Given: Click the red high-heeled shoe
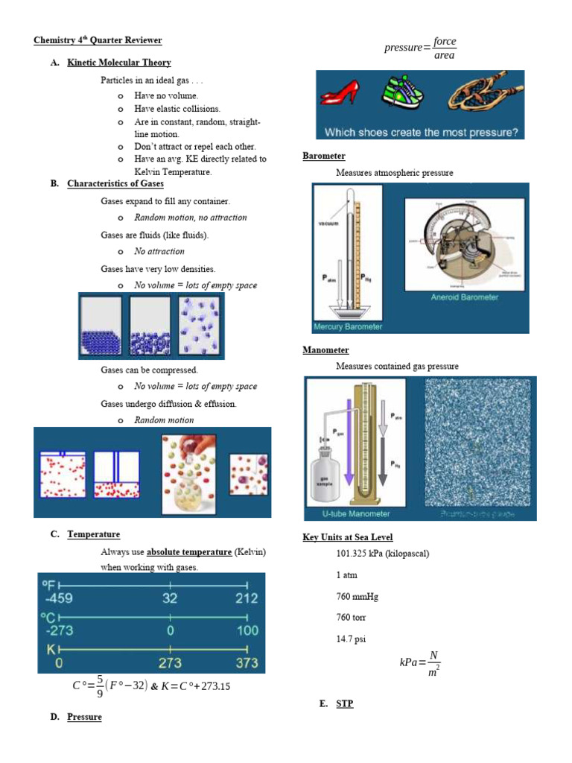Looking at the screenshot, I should click(341, 95).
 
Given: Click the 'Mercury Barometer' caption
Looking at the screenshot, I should click(349, 326).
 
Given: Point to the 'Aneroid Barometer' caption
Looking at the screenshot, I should click(464, 297).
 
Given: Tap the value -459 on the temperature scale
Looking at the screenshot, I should click(59, 598).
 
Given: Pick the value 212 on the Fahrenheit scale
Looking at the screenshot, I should click(246, 598).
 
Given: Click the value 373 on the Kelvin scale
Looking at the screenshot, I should click(246, 662).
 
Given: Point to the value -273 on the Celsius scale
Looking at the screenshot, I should click(59, 630).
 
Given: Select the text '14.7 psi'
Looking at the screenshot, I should click(351, 639).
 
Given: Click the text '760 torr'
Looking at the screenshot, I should click(352, 618).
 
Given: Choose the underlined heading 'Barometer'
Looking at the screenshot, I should click(324, 156).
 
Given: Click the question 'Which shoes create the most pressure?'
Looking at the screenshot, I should click(420, 133).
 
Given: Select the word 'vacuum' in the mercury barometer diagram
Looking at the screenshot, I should click(329, 223).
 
